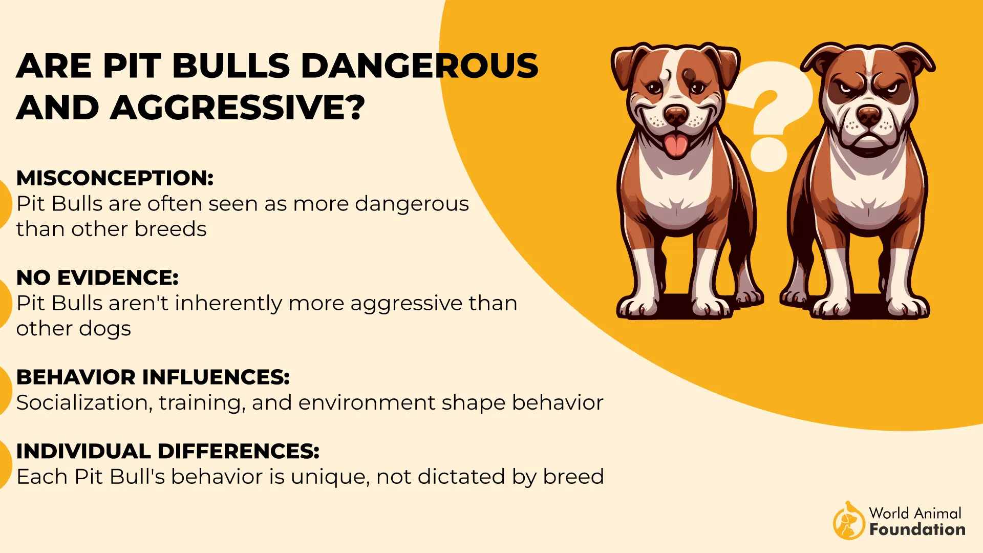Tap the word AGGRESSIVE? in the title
click(x=238, y=108)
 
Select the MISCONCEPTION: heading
click(x=115, y=178)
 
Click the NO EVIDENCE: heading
click(x=97, y=278)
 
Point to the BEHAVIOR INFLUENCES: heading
click(x=153, y=377)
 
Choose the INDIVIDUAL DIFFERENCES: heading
click(x=168, y=452)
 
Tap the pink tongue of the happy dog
click(x=676, y=145)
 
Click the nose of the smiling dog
click(x=676, y=115)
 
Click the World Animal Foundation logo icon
click(x=848, y=521)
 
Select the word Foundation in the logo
click(x=917, y=529)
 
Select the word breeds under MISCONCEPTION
click(x=170, y=229)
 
